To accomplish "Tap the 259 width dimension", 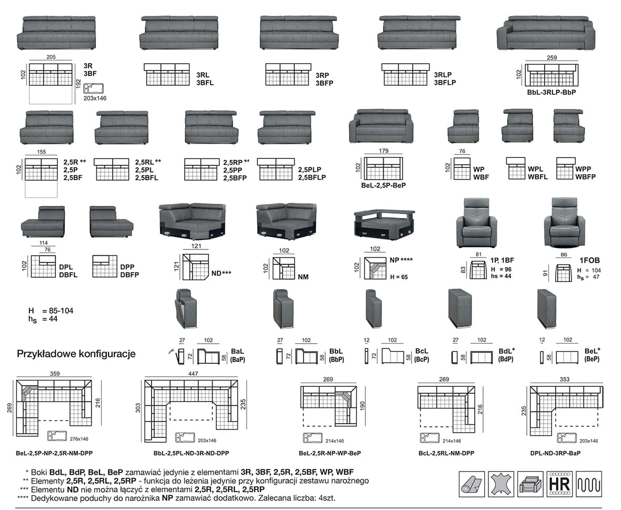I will coord(552,58).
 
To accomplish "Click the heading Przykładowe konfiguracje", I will coord(77,354).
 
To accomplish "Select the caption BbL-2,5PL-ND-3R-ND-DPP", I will coord(186,453).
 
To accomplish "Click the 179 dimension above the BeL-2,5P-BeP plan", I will coord(384,151).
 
